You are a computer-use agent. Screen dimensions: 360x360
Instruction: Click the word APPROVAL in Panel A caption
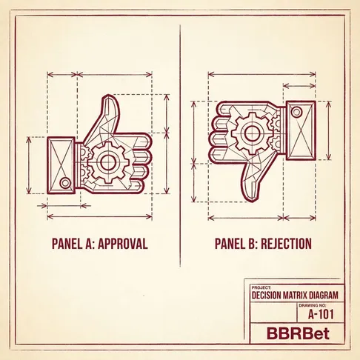click(x=123, y=244)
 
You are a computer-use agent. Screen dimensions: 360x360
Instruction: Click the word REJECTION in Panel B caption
click(x=286, y=244)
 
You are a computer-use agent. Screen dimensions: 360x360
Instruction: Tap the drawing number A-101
click(x=321, y=314)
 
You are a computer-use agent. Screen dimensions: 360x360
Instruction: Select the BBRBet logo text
click(x=298, y=333)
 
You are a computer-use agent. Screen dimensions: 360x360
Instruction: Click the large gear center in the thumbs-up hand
click(x=107, y=162)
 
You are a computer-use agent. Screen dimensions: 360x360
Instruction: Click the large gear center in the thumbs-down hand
click(x=252, y=133)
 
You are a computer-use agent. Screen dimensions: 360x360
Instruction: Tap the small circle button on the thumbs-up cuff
click(x=65, y=183)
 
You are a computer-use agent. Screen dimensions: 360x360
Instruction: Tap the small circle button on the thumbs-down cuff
click(x=296, y=112)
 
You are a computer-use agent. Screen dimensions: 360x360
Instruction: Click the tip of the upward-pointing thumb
click(x=109, y=96)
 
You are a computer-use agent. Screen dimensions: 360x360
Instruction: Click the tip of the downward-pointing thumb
click(x=251, y=201)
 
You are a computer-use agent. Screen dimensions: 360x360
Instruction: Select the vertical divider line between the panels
click(x=180, y=146)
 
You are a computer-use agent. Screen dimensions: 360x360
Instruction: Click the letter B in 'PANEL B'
click(x=253, y=244)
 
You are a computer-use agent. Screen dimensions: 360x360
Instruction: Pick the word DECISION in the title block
click(x=266, y=295)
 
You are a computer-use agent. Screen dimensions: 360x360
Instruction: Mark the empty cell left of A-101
click(x=273, y=312)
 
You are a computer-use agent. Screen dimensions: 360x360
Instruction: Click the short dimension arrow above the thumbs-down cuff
click(x=299, y=86)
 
